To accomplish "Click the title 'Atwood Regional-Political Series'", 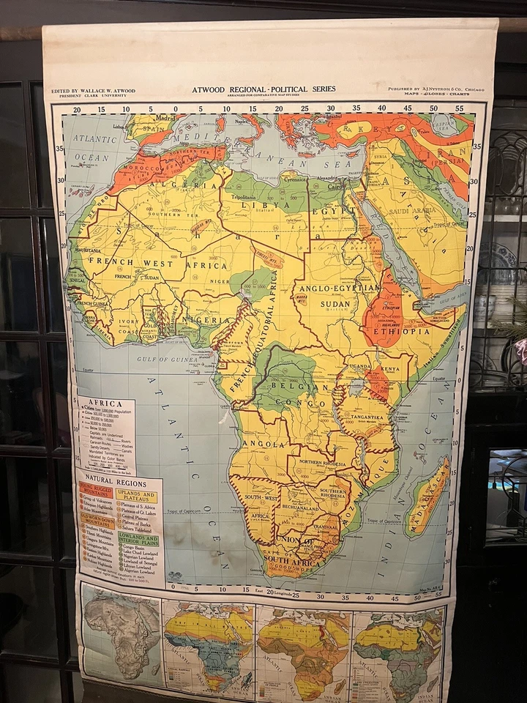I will pyautogui.click(x=263, y=89).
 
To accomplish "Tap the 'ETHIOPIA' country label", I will pyautogui.click(x=402, y=331).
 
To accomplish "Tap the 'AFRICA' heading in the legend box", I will pyautogui.click(x=106, y=402).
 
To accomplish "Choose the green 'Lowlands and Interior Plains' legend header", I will pyautogui.click(x=138, y=540).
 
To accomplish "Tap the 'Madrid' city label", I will pyautogui.click(x=166, y=117).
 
